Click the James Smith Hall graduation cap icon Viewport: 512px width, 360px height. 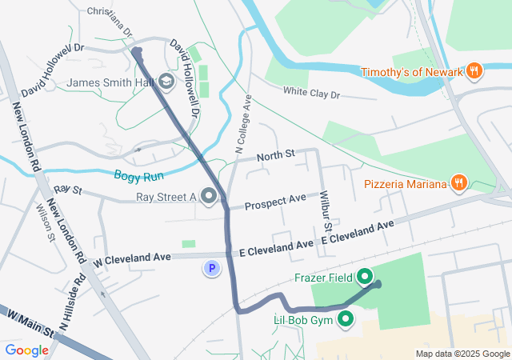166,82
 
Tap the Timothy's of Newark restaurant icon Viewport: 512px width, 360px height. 474,72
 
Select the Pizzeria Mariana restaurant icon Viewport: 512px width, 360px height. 458,184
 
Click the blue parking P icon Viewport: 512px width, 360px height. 211,269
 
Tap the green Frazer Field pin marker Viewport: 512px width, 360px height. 365,278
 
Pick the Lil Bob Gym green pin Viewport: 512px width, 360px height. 346,320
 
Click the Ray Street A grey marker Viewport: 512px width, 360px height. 210,196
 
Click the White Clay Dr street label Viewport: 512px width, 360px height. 311,94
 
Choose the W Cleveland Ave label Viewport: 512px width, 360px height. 131,259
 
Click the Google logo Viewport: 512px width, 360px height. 26,350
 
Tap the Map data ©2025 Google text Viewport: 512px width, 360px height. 462,354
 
